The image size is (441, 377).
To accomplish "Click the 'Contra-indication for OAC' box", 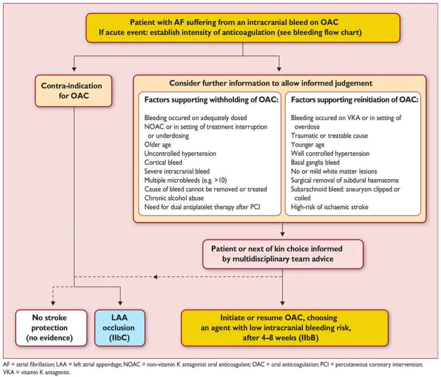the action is click(73, 91).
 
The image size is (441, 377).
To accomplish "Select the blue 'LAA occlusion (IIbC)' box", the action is click(120, 328).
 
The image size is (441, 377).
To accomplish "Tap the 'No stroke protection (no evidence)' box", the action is click(51, 328).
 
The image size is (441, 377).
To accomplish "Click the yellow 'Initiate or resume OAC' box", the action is click(285, 328).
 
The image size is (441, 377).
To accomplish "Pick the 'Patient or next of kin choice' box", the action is click(283, 254).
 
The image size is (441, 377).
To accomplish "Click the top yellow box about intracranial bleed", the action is click(243, 28).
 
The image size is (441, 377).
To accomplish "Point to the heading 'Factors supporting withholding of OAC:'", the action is click(211, 100).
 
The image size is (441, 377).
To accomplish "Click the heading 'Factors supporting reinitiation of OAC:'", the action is click(354, 100).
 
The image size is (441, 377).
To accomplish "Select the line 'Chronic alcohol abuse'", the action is click(174, 198).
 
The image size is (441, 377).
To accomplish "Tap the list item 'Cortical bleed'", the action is click(163, 162).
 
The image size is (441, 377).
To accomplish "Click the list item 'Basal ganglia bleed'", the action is click(315, 162).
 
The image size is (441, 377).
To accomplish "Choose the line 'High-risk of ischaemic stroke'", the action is click(329, 207).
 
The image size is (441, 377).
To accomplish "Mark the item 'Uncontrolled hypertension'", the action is click(180, 153).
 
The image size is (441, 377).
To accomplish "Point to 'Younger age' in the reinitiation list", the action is click(307, 144).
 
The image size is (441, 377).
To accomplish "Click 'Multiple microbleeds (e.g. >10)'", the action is click(186, 180).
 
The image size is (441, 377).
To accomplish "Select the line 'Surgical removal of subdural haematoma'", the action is click(345, 180).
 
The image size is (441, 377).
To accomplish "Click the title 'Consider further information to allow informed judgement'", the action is click(270, 83).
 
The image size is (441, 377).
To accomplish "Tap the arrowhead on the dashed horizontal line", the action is click(155, 277).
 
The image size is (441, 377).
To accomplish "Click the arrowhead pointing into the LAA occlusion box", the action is click(120, 303).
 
